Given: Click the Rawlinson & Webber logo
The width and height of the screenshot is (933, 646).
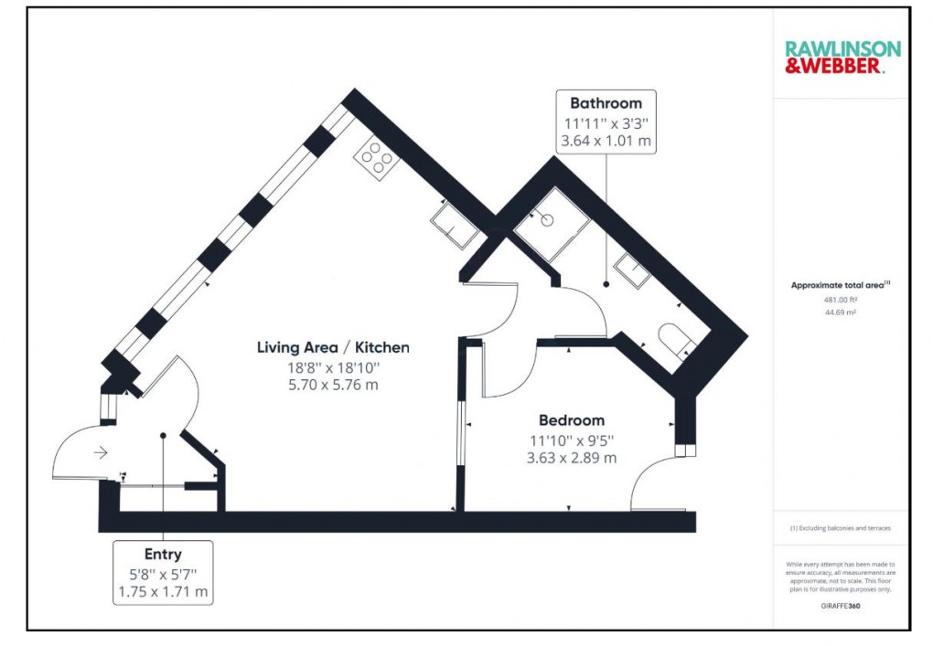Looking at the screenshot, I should tap(842, 57).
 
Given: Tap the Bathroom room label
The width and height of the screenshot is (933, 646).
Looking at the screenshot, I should tap(606, 103).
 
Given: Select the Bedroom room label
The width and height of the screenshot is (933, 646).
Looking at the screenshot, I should tap(572, 420).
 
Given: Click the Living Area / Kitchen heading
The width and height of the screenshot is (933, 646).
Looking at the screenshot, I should tap(333, 347).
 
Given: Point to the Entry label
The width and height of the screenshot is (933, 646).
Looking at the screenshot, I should tap(163, 554).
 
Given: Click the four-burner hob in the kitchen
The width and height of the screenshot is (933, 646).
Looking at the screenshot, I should tap(378, 157).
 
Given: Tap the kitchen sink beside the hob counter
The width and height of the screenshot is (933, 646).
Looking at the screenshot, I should tap(455, 225).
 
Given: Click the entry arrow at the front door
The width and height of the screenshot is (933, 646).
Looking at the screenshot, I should tap(100, 452).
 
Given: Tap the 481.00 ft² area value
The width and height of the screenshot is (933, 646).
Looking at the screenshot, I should tap(840, 299).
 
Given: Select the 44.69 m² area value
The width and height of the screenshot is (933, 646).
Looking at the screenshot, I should tap(840, 312).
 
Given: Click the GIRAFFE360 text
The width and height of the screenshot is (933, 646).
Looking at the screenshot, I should tap(840, 605).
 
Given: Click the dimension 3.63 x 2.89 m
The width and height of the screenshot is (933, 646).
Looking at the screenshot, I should tap(572, 457).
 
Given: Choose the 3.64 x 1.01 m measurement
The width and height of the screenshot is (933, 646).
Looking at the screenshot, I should tap(606, 142).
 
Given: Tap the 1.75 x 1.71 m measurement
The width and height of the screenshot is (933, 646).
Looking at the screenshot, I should tap(163, 591).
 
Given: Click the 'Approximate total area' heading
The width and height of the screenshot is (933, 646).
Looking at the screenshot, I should tap(840, 285).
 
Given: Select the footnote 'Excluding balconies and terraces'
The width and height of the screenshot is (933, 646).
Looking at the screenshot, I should tap(840, 528).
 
